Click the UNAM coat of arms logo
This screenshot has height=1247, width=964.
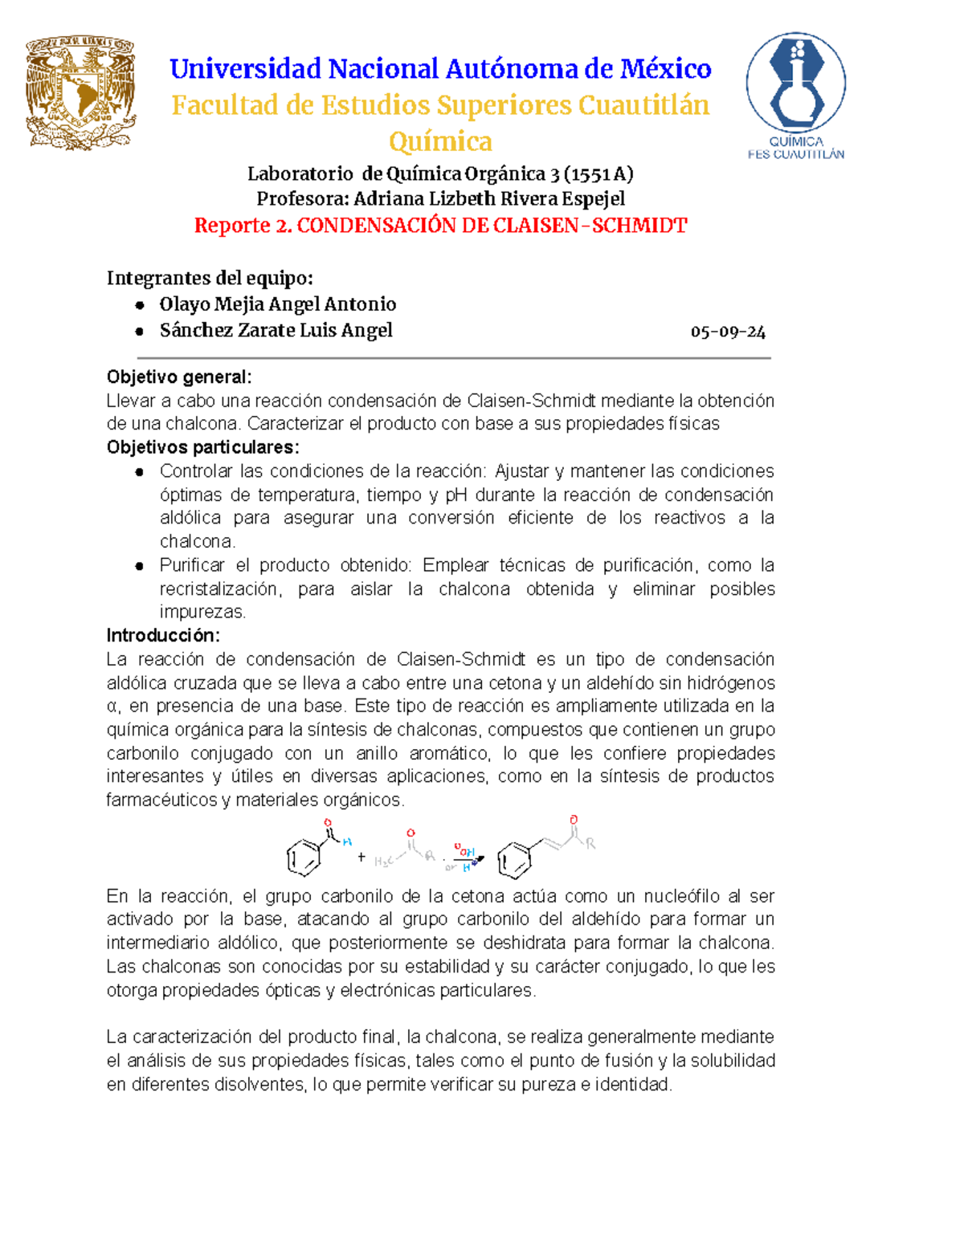(80, 92)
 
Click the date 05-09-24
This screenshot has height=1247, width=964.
(728, 332)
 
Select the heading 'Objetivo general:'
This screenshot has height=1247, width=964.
(179, 377)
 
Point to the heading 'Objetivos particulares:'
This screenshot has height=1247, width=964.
(202, 447)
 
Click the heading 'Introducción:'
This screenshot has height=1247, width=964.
(163, 635)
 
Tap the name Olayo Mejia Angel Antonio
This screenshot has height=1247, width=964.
(277, 304)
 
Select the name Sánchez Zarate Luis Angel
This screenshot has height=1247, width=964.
(276, 331)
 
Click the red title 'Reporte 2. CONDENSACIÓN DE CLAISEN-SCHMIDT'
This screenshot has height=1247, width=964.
(440, 226)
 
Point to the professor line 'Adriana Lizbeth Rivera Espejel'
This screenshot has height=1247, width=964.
(440, 198)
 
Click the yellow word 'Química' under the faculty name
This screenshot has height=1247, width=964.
(440, 141)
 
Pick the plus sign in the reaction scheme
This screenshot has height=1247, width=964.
(361, 858)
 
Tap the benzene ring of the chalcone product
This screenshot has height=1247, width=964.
(514, 861)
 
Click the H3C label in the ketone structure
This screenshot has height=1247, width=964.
(383, 862)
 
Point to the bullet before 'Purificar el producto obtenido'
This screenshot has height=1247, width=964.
(140, 566)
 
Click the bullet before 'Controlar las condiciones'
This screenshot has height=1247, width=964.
(140, 472)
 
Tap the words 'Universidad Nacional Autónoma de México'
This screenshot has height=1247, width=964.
(440, 69)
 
